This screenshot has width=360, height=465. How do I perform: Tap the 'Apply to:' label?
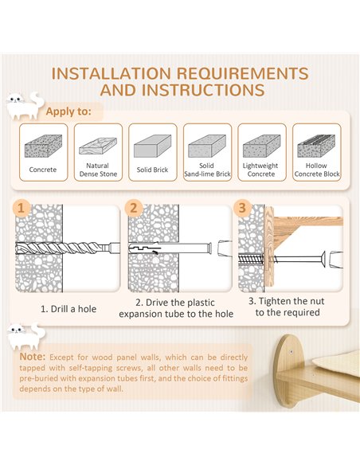tap(68, 111)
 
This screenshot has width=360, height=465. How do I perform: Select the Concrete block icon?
tap(43, 146)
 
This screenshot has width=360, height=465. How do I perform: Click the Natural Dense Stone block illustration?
tap(98, 146)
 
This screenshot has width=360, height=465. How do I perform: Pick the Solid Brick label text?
tap(152, 170)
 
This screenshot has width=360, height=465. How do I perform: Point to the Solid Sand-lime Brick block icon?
tap(207, 146)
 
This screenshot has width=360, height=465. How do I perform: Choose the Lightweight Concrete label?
tap(260, 170)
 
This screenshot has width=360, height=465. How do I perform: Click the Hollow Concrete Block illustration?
tap(316, 146)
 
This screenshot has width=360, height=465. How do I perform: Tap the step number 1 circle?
tap(21, 208)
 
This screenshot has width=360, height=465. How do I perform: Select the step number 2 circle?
tap(134, 208)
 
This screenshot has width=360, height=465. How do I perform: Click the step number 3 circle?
tap(242, 208)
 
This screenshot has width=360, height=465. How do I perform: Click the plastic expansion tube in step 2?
tap(170, 248)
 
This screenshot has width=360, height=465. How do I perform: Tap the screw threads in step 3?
tap(251, 260)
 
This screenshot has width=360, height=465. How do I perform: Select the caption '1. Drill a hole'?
tap(68, 309)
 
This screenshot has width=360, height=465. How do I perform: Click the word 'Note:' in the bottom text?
tap(33, 357)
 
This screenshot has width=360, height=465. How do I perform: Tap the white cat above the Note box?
tap(25, 336)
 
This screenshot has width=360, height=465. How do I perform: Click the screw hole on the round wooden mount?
tap(292, 352)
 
